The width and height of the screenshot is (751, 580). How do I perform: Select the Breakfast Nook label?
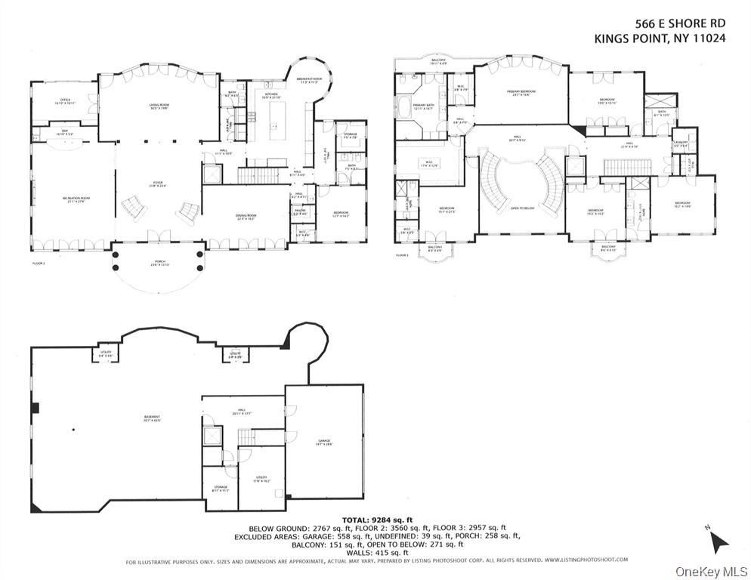tap(310, 81)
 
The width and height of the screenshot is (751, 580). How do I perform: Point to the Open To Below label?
tap(522, 209)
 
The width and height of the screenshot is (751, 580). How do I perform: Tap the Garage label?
tap(324, 443)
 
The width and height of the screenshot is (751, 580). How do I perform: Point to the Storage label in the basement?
tap(220, 489)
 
